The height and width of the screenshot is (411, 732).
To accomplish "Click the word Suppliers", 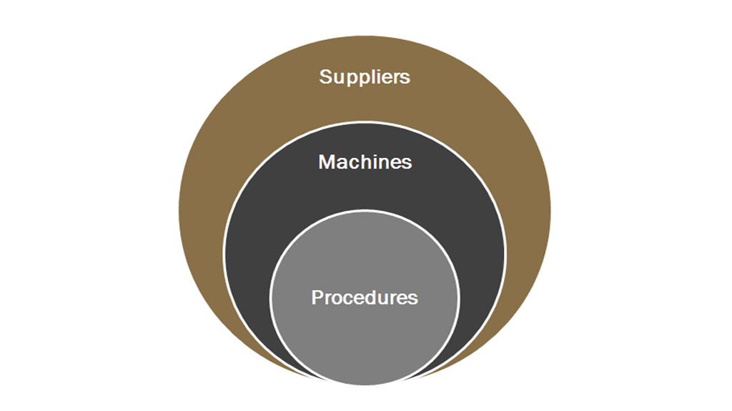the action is click(365, 77).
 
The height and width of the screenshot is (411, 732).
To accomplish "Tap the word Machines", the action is click(365, 162).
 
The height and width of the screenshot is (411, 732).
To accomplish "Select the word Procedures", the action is click(365, 297).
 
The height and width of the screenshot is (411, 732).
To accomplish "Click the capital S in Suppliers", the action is click(325, 76).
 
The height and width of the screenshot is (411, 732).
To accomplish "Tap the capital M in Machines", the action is click(327, 162).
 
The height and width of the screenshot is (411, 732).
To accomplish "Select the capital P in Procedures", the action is click(318, 297).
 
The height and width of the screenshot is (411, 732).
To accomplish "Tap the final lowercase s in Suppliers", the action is click(405, 79).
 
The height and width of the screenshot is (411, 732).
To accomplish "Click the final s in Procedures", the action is click(412, 299).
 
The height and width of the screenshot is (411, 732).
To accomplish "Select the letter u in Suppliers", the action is click(338, 79).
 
